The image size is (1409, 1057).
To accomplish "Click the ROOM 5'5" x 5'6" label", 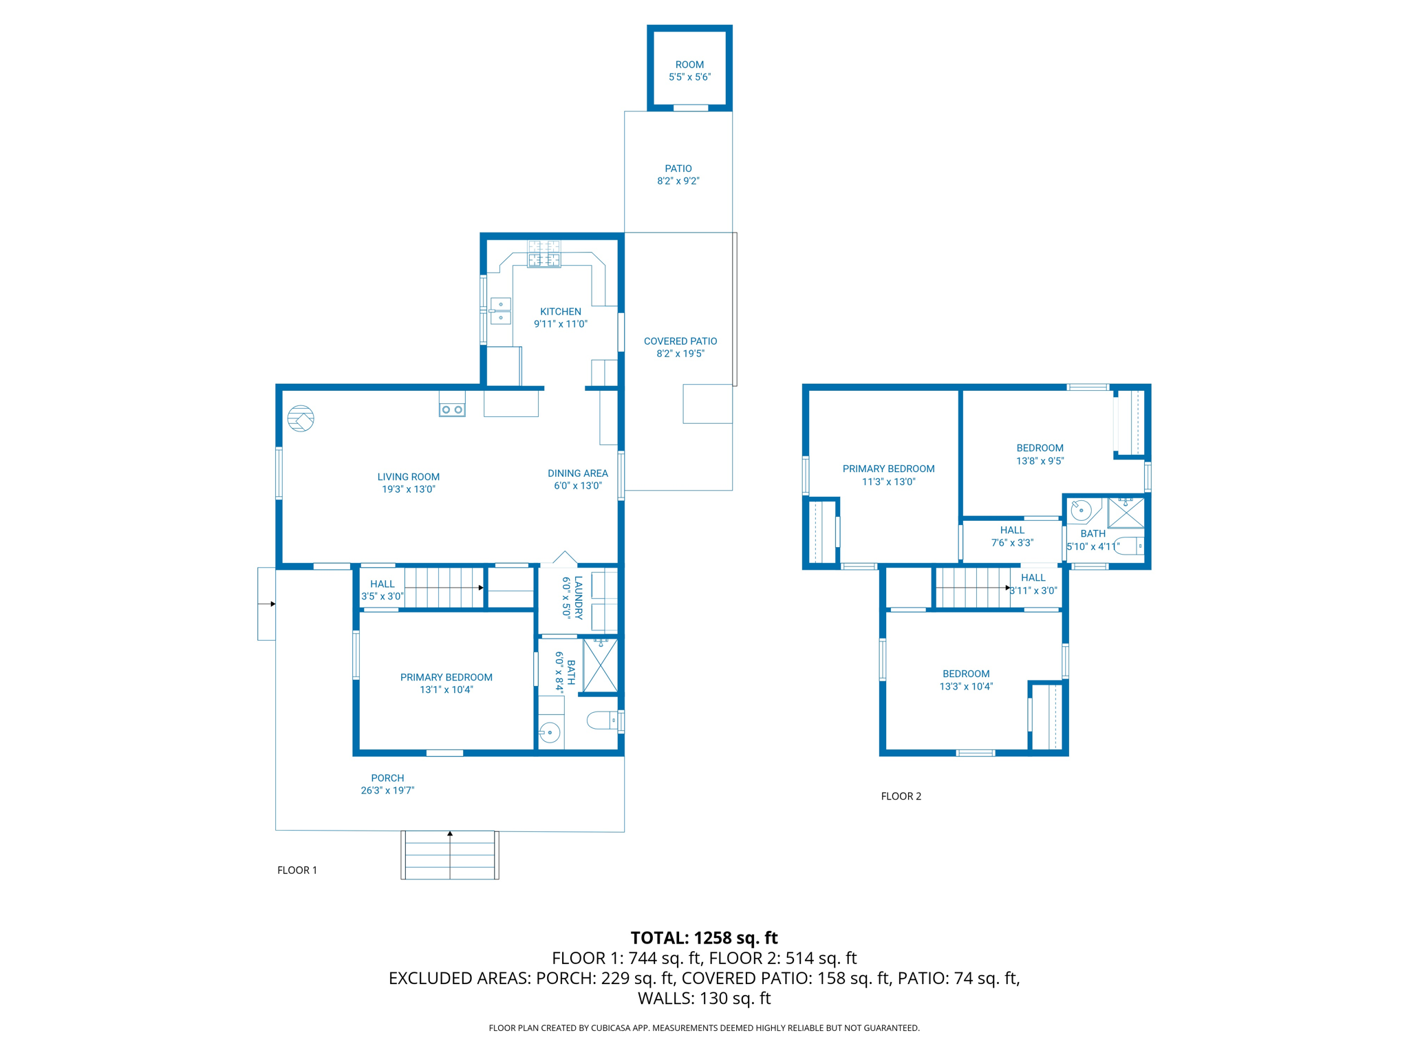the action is click(x=689, y=71).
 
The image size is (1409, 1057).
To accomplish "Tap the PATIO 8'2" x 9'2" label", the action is click(x=678, y=175).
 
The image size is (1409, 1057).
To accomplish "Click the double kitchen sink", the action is click(x=500, y=311).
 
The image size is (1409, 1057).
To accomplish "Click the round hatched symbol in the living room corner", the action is click(x=301, y=418).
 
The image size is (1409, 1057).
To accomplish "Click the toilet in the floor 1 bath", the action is click(x=603, y=720).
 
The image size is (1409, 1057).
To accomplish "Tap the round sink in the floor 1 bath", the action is click(x=550, y=732).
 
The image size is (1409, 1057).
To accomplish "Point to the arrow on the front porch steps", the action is click(x=450, y=855).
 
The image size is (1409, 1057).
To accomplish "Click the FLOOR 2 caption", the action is click(x=901, y=796).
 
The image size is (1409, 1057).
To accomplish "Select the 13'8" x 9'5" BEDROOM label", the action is click(x=1040, y=455).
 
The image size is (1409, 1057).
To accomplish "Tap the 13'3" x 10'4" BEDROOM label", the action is click(x=967, y=681).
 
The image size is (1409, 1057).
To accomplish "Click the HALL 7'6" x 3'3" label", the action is click(x=1012, y=537).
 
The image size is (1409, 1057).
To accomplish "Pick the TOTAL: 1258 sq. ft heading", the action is click(x=704, y=938).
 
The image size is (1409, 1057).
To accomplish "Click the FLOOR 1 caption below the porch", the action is click(x=297, y=871).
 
